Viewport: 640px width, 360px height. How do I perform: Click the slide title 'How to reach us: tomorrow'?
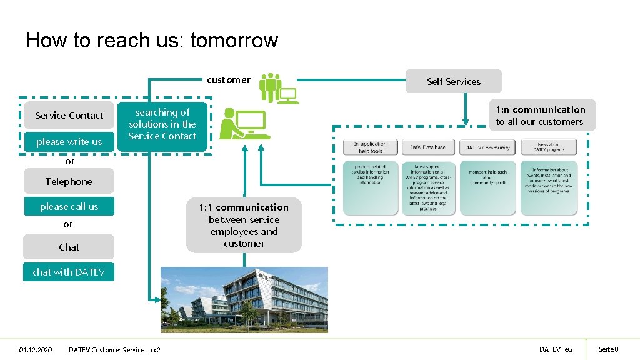[151, 41]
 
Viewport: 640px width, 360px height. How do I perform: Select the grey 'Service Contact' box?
[69, 116]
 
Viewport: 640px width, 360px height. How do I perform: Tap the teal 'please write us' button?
[69, 142]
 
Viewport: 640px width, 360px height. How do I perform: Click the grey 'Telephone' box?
[69, 182]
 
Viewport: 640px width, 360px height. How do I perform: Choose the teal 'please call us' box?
[69, 207]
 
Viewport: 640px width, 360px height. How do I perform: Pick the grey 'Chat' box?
[69, 247]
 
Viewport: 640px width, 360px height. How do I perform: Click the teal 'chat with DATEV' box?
[69, 272]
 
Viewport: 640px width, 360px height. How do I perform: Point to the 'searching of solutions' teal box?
[162, 124]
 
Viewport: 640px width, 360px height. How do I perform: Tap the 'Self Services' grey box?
[454, 81]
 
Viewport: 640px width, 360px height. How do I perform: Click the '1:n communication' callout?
[541, 116]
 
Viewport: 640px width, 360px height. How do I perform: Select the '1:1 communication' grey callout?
[244, 226]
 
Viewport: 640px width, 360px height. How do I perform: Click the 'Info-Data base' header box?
[428, 147]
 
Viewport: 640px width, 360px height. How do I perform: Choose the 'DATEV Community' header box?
[487, 147]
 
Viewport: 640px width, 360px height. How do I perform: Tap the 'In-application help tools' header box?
[370, 147]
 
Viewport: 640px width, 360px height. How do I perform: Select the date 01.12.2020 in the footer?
[36, 349]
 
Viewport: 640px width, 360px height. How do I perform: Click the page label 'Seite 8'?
[608, 349]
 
